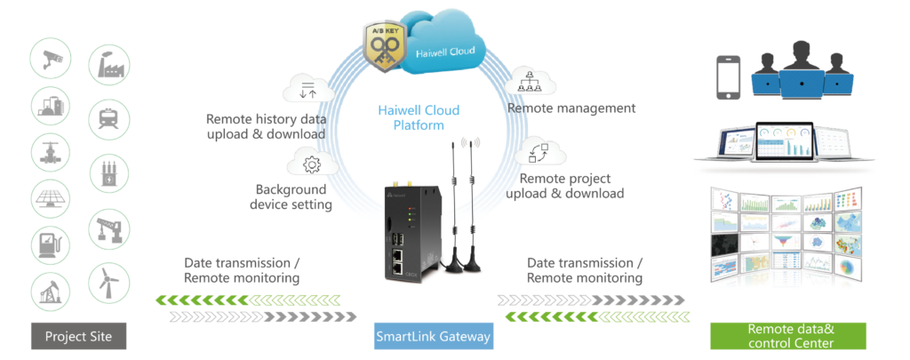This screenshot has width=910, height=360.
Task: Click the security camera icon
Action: (x=51, y=61)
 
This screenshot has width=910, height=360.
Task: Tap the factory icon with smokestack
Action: (x=108, y=65)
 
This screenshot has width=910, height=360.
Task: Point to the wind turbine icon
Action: (x=108, y=283)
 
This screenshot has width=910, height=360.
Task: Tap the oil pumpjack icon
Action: (x=51, y=290)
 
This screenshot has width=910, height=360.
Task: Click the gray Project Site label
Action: (x=78, y=337)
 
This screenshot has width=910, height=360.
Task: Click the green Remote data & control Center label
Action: (x=779, y=337)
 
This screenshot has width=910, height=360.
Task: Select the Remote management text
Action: (x=571, y=108)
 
